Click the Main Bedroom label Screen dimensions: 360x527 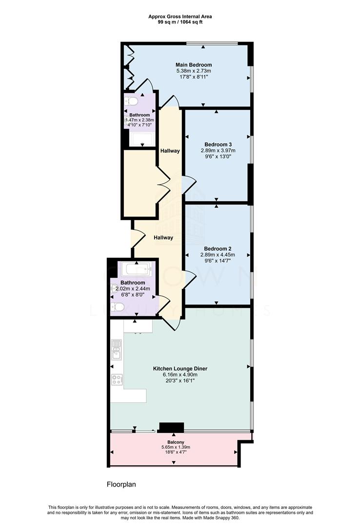pyautogui.click(x=194, y=65)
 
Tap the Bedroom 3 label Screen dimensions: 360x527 pyautogui.click(x=218, y=144)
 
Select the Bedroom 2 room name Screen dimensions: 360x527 pyautogui.click(x=218, y=249)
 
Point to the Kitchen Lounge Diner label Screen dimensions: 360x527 pyautogui.click(x=180, y=369)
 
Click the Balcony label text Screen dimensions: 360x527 pyautogui.click(x=176, y=442)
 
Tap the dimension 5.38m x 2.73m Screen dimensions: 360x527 pyautogui.click(x=194, y=71)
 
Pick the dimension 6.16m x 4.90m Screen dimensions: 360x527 pyautogui.click(x=180, y=375)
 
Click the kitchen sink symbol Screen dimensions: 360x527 pyautogui.click(x=116, y=349)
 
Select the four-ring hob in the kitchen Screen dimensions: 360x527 pyautogui.click(x=117, y=380)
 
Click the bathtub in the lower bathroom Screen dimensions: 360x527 pyautogui.click(x=136, y=269)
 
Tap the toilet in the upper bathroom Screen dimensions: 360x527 pyautogui.click(x=131, y=101)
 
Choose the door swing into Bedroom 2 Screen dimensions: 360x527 pyautogui.click(x=189, y=280)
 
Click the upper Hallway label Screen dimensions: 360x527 pyautogui.click(x=170, y=151)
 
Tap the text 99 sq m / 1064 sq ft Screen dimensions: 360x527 pyautogui.click(x=180, y=22)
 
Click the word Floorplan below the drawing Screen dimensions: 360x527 pyautogui.click(x=121, y=485)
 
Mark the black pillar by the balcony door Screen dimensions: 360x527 pyautogui.click(x=171, y=427)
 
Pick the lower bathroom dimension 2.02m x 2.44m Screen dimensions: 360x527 pyautogui.click(x=133, y=289)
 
